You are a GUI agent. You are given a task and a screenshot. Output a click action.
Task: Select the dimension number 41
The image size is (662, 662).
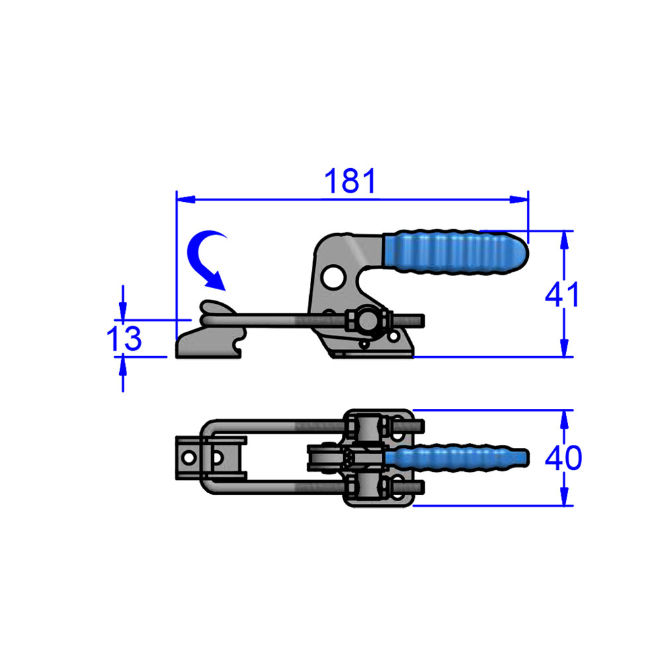click(562, 295)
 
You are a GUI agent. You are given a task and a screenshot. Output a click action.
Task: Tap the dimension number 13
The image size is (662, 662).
click(124, 339)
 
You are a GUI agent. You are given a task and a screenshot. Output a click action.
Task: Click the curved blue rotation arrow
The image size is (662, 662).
click(206, 259)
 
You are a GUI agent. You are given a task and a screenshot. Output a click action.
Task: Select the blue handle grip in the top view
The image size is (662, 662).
click(457, 457)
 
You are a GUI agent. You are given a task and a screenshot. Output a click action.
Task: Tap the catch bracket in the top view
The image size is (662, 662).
click(189, 457)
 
